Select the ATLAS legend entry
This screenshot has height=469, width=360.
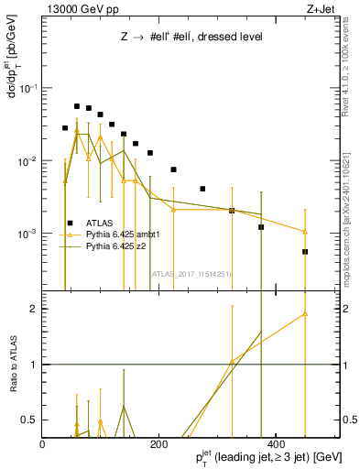100,223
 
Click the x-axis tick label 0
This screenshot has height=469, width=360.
43,443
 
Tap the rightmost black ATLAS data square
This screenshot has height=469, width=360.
305,251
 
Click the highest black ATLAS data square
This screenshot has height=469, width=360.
77,106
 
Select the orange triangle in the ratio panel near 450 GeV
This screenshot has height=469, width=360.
305,314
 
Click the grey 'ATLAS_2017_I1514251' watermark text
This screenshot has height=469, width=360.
191,273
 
